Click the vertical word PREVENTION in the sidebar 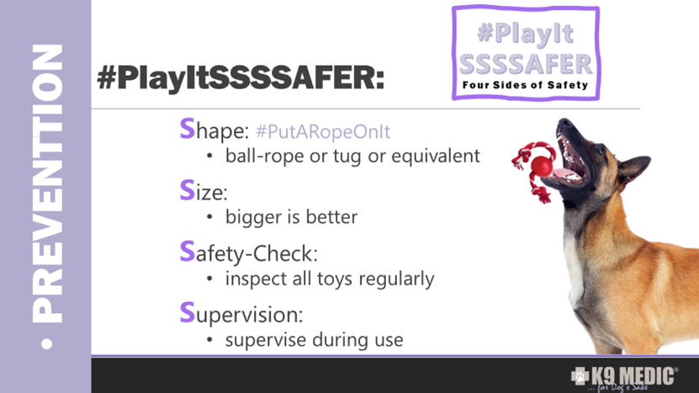tap(47, 183)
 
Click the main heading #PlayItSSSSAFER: tap(241, 77)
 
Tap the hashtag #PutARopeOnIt tap(323, 131)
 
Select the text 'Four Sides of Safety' tap(525, 85)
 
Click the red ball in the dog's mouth tap(542, 166)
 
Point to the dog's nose tap(564, 124)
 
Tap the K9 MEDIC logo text tap(633, 376)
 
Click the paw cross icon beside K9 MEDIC tap(580, 376)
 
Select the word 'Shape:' tap(214, 130)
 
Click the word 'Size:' tap(204, 191)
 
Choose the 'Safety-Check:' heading tap(249, 252)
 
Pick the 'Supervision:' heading tap(241, 314)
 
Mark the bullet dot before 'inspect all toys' tap(209, 279)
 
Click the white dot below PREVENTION tap(46, 344)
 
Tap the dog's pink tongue tap(563, 174)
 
